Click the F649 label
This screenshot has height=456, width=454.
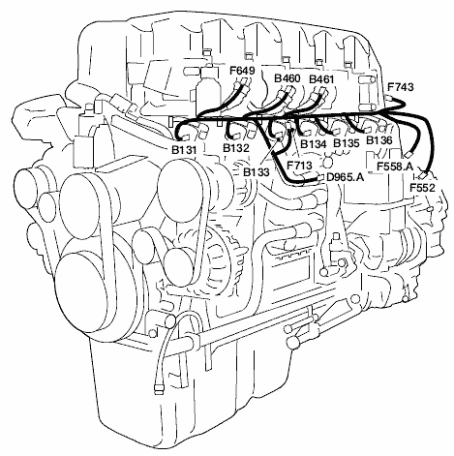coord(242,70)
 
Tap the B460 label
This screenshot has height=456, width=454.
coord(288,78)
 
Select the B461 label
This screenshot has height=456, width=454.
coord(321,79)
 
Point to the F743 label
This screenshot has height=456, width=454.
coord(400,87)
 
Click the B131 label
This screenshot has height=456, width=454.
coord(184,150)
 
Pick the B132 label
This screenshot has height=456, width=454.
coord(236,148)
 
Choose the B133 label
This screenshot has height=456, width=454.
coord(257,172)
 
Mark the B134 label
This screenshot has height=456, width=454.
coord(314,144)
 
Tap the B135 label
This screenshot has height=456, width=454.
coord(347,143)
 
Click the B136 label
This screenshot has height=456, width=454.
coord(379,140)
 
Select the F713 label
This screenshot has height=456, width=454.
coord(300,166)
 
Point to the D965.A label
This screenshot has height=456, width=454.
coord(346,177)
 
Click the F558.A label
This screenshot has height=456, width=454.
coord(395,167)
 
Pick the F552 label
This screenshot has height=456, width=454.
coord(422,188)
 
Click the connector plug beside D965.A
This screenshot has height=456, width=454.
coord(320,177)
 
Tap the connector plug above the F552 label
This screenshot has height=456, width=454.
coord(423,175)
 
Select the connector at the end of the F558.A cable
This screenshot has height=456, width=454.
coord(408,154)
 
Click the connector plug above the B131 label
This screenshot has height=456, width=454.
coord(185,138)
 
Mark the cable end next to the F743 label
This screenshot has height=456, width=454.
coord(389,97)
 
